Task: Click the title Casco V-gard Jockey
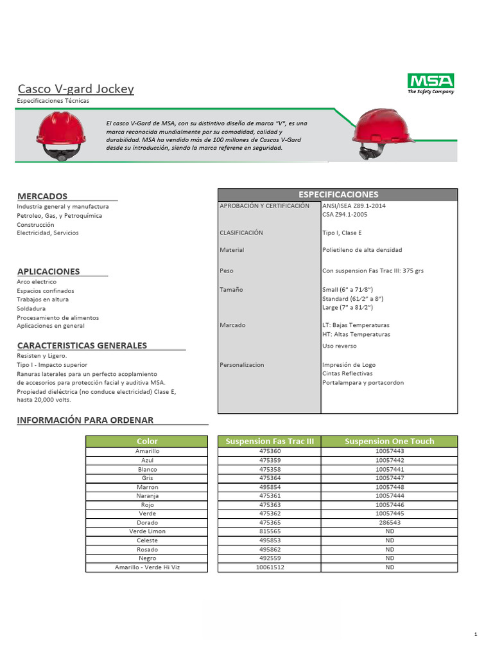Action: (x=76, y=89)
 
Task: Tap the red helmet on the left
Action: (x=60, y=134)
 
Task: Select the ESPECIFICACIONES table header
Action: (x=338, y=195)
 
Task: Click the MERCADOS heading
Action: (x=42, y=196)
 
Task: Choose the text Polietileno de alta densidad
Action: (x=362, y=250)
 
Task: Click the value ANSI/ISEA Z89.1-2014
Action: (x=354, y=206)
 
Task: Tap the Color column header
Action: (x=147, y=441)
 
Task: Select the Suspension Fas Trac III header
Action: (x=269, y=441)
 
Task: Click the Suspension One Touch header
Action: (x=389, y=441)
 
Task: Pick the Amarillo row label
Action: (x=147, y=452)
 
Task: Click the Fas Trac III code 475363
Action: (x=269, y=505)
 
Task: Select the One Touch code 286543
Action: (x=389, y=523)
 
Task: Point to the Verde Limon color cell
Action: (x=147, y=531)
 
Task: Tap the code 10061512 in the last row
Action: (x=269, y=567)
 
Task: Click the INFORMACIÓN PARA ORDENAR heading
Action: (x=85, y=420)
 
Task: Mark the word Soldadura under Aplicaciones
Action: (x=31, y=308)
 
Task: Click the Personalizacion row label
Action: (x=241, y=365)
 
